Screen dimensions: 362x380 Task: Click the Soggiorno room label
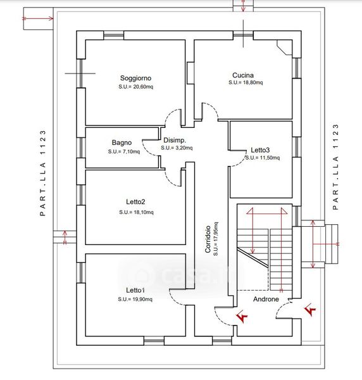[135, 78]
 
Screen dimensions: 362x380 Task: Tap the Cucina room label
[243, 75]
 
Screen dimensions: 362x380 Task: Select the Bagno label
[122, 142]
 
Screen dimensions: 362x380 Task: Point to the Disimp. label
[175, 140]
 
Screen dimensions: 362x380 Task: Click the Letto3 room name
[260, 150]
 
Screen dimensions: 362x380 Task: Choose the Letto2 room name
[135, 201]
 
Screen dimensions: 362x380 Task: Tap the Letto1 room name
[135, 290]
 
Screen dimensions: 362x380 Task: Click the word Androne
[266, 300]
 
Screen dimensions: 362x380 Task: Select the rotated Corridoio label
[208, 239]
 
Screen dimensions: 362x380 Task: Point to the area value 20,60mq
[143, 87]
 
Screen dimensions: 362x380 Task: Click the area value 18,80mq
[253, 82]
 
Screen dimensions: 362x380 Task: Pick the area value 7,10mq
[130, 152]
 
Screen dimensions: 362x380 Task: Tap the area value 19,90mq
[142, 300]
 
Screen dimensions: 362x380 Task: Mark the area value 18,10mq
[143, 212]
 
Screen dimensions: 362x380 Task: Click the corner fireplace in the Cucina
[284, 47]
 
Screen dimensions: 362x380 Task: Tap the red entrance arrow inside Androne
[242, 316]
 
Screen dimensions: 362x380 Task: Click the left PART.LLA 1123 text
[43, 173]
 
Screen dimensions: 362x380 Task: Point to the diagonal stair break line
[253, 257]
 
